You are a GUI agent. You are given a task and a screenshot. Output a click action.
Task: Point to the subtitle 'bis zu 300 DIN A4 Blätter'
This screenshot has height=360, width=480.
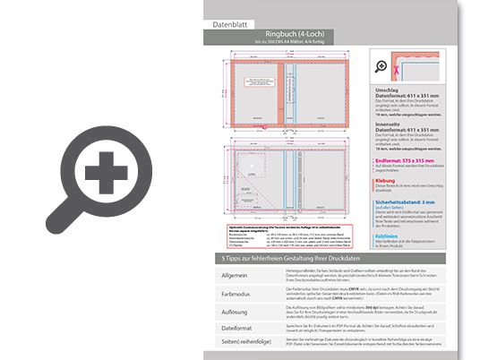click(330, 42)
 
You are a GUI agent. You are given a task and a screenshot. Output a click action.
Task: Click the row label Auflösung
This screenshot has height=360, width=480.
click(236, 311)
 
